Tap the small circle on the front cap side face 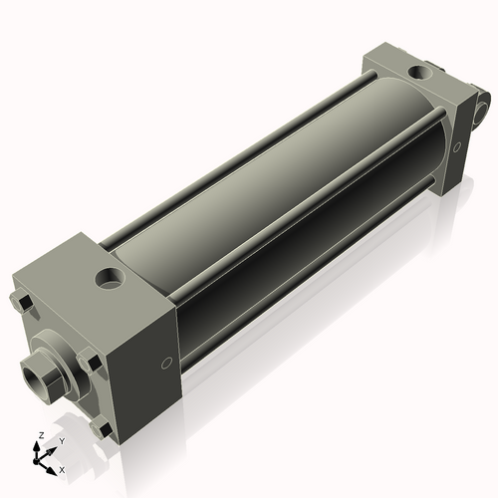point(166,362)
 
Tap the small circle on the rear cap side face point(457,147)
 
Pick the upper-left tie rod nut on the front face point(21,301)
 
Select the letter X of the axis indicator point(62,468)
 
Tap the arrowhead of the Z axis point(39,446)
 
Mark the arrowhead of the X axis point(53,465)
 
